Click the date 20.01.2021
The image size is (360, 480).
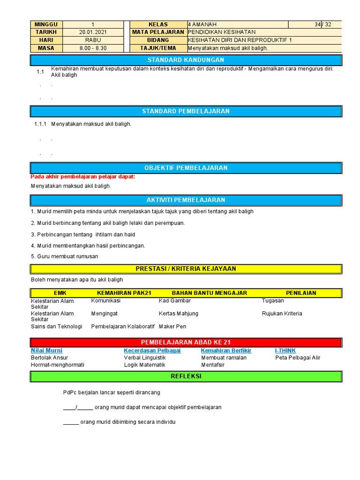click(x=92, y=32)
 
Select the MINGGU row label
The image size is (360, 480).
click(x=46, y=24)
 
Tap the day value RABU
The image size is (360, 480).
click(x=92, y=40)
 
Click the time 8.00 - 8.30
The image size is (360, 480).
click(x=92, y=48)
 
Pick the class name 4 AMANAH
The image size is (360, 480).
click(x=202, y=24)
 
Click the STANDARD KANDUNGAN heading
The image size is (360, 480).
click(x=186, y=60)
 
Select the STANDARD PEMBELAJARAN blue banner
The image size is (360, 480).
click(x=186, y=111)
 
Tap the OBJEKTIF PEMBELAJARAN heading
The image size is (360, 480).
click(x=186, y=168)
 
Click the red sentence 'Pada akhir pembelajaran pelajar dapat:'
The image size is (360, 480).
click(x=82, y=177)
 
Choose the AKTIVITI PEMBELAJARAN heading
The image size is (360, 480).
click(x=186, y=200)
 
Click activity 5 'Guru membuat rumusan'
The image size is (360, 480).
click(x=65, y=256)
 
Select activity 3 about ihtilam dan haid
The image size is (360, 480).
click(x=83, y=234)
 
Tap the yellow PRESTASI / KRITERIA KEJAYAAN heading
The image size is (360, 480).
click(x=186, y=269)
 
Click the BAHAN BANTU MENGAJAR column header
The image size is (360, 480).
click(x=209, y=293)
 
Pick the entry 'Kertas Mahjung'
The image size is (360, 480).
click(x=178, y=314)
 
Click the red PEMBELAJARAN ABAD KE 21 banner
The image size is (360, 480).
click(x=186, y=342)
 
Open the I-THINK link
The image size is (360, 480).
click(x=285, y=351)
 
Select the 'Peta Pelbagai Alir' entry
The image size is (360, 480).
click(x=298, y=358)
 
